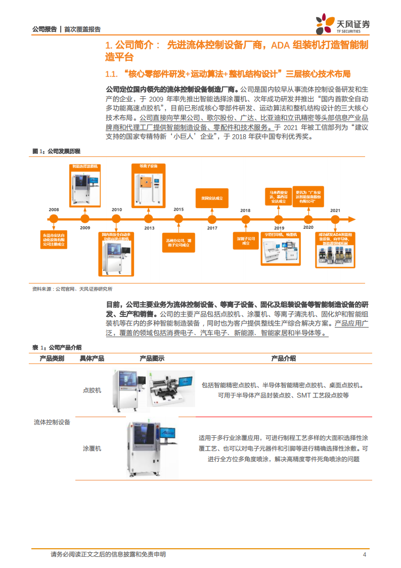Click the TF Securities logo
(x=342, y=23)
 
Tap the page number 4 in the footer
(x=365, y=555)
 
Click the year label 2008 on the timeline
(x=54, y=209)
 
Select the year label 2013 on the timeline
(x=149, y=228)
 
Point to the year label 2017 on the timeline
(x=212, y=228)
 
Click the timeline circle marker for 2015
(x=179, y=219)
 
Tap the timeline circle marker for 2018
(x=246, y=219)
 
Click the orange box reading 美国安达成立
(x=212, y=198)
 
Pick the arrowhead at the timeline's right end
(x=358, y=219)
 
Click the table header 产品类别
(x=52, y=358)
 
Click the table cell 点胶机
(x=92, y=390)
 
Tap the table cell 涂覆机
(x=92, y=449)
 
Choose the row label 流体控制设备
(x=52, y=422)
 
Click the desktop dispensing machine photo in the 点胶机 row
(x=170, y=389)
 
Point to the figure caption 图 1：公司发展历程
(x=56, y=151)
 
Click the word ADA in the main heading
(x=281, y=46)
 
